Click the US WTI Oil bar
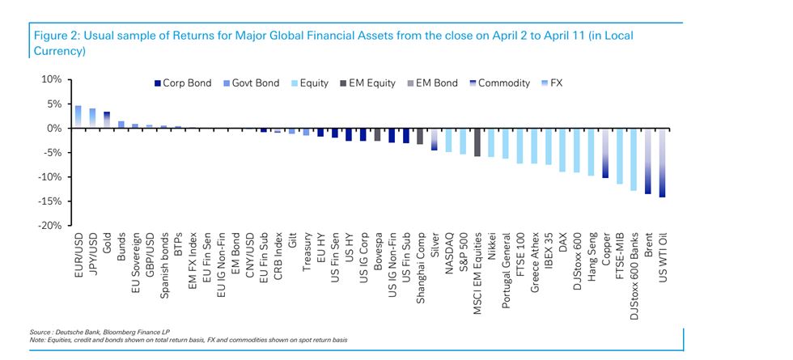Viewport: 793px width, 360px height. point(662,163)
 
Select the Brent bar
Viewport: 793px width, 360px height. point(647,161)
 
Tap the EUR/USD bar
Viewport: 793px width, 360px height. point(78,116)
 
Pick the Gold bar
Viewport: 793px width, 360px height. point(107,120)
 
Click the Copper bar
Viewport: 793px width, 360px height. point(604,153)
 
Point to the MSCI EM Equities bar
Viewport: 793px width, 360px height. point(477,142)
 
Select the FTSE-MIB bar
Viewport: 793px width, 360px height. point(619,156)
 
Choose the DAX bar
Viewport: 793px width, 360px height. point(562,150)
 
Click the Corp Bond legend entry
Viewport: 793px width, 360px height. point(182,83)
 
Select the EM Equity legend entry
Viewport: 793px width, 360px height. point(370,83)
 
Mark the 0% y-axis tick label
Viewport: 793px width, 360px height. point(53,129)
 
